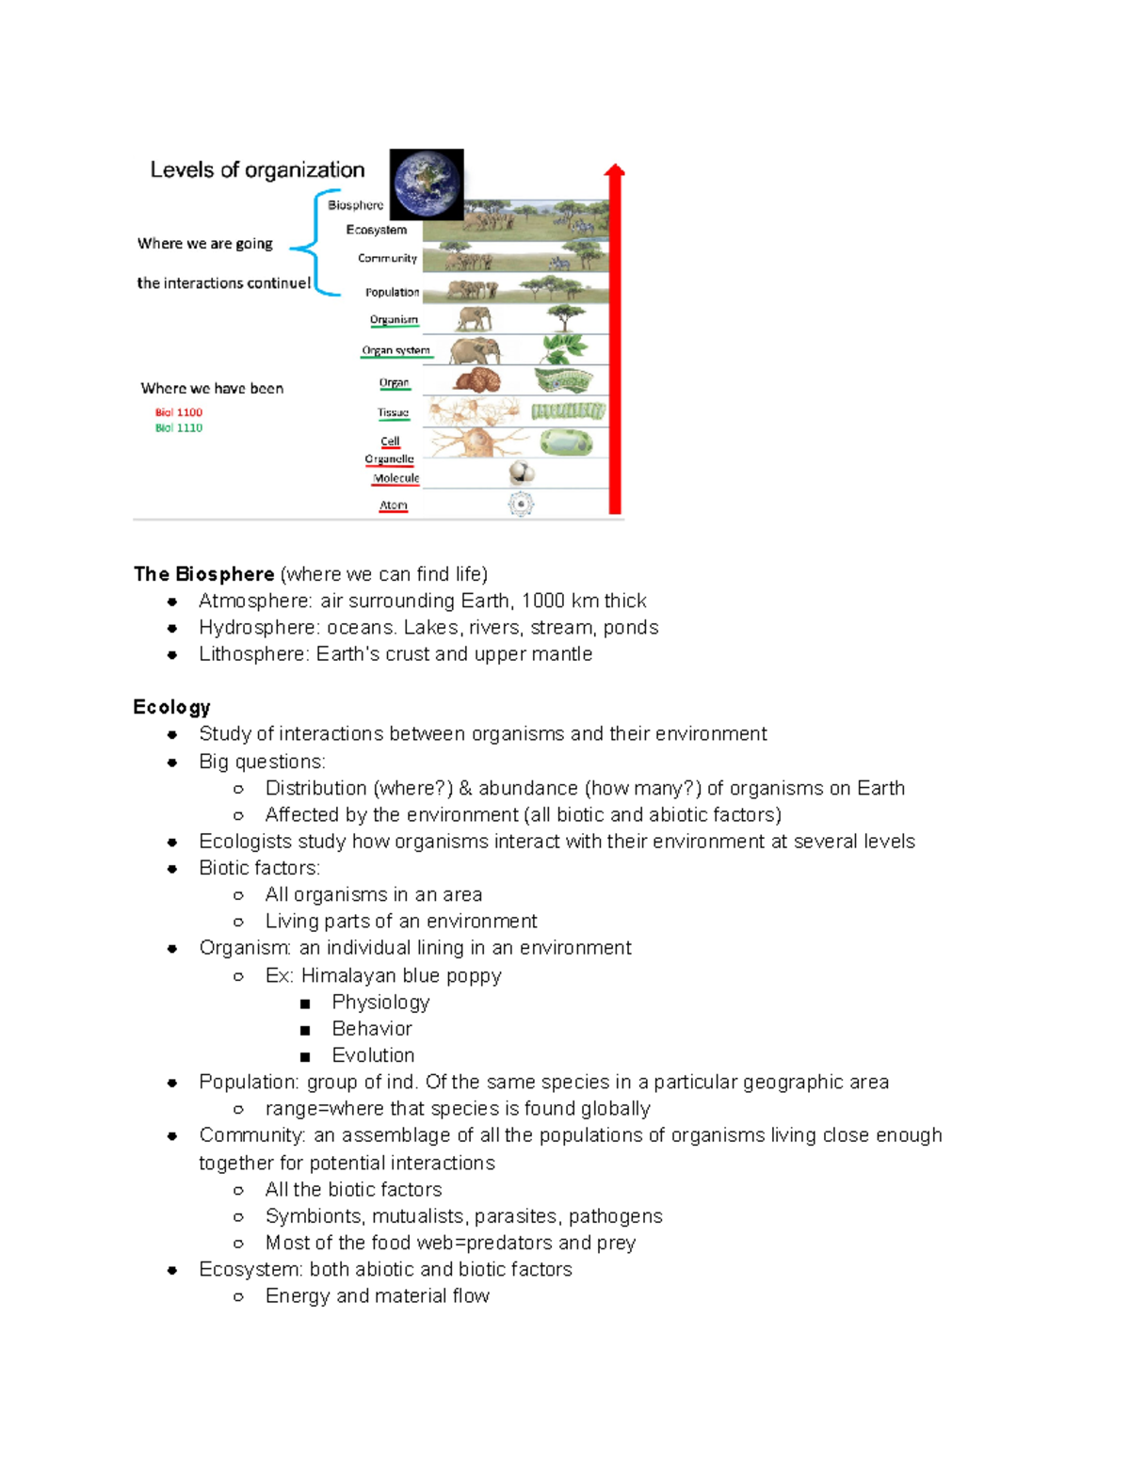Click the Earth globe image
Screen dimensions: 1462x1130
pos(427,184)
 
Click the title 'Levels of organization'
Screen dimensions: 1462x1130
pos(257,170)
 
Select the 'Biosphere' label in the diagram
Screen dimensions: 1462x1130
pos(355,205)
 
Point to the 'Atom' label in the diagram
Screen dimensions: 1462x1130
pos(394,506)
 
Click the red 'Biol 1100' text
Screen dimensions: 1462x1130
pos(179,412)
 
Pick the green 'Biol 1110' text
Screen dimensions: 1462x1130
pos(179,427)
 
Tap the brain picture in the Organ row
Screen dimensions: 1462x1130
pos(477,381)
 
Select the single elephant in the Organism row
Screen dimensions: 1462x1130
pos(474,318)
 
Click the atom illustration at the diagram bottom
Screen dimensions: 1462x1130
pos(521,505)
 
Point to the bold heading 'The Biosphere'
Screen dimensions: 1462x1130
pos(204,574)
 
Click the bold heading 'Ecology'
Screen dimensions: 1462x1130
pos(171,707)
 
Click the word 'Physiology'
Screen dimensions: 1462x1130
pos(380,1003)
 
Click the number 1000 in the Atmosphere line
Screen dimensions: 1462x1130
pos(543,601)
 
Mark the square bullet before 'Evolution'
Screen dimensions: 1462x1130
pos(305,1056)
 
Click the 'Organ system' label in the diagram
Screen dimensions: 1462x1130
pos(396,350)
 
